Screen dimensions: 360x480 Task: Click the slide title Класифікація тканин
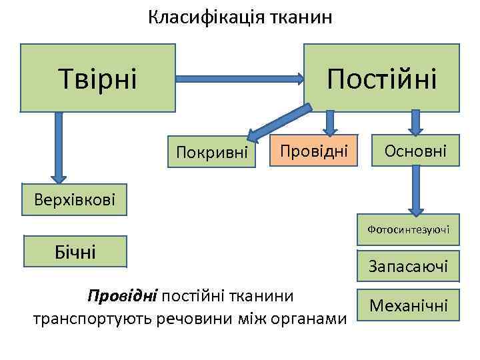tap(239, 17)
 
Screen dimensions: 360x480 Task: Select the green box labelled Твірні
tap(97, 77)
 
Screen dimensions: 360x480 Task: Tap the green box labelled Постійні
tap(381, 77)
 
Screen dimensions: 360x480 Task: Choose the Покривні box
tap(212, 153)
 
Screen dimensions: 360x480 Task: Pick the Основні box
tap(415, 151)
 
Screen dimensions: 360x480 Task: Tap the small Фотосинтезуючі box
tap(408, 230)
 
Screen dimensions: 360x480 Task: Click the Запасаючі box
tap(408, 267)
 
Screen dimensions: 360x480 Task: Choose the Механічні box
tap(408, 306)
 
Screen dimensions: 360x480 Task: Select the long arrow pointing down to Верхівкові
tap(59, 147)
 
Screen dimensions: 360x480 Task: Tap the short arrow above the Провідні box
tap(329, 122)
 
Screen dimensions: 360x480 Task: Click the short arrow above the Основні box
tap(416, 122)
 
